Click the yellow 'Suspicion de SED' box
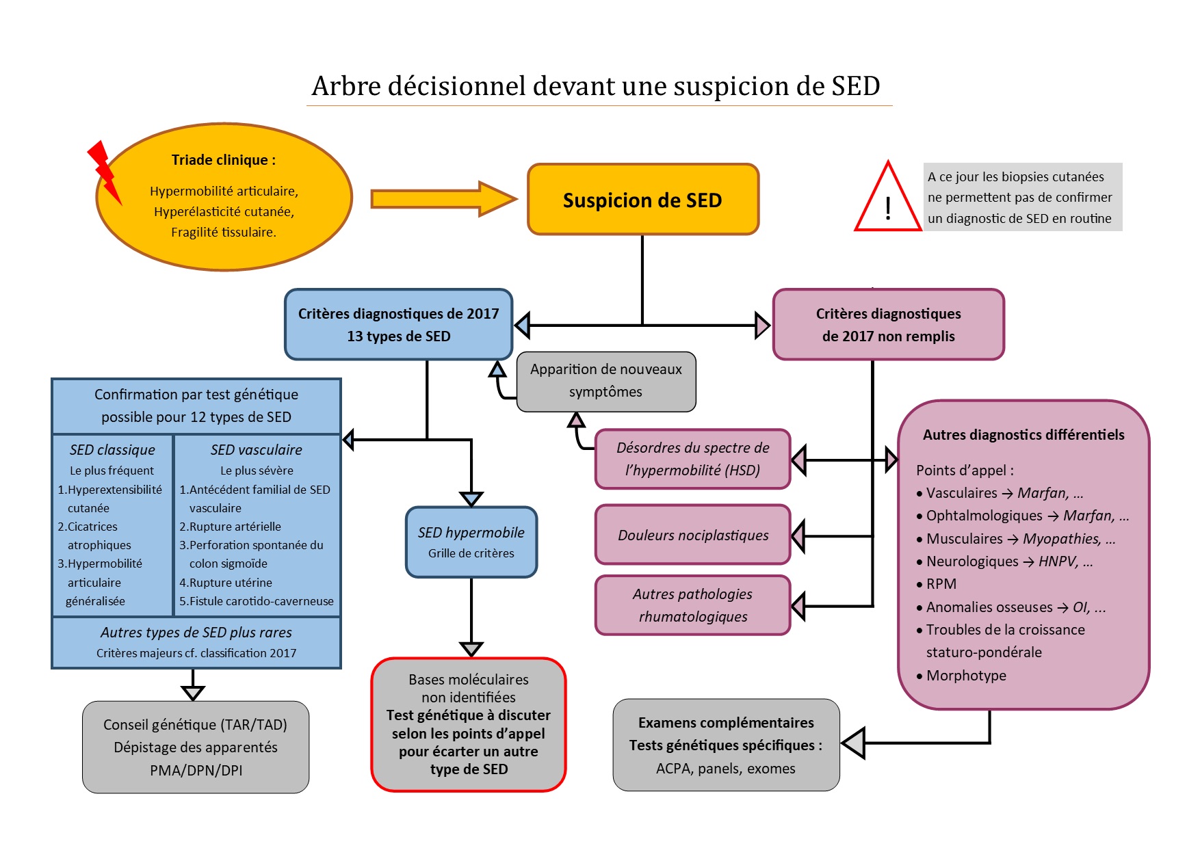click(x=642, y=200)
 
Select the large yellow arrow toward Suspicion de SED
click(x=442, y=199)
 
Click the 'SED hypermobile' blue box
click(x=471, y=542)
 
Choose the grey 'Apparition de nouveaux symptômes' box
click(x=606, y=381)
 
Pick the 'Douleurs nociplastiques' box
click(x=692, y=535)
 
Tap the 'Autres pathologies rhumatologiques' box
click(x=692, y=605)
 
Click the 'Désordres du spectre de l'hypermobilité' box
click(x=692, y=459)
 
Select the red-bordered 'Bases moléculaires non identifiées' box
click(x=469, y=724)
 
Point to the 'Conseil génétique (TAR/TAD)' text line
click(x=195, y=725)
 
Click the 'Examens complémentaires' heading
click(x=726, y=723)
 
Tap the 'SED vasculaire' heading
click(x=257, y=450)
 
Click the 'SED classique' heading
click(x=112, y=450)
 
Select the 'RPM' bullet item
click(x=941, y=584)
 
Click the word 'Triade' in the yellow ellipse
click(x=192, y=160)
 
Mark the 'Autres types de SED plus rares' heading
click(x=196, y=633)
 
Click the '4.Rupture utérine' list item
click(x=226, y=583)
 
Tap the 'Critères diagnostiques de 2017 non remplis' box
click(x=888, y=324)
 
